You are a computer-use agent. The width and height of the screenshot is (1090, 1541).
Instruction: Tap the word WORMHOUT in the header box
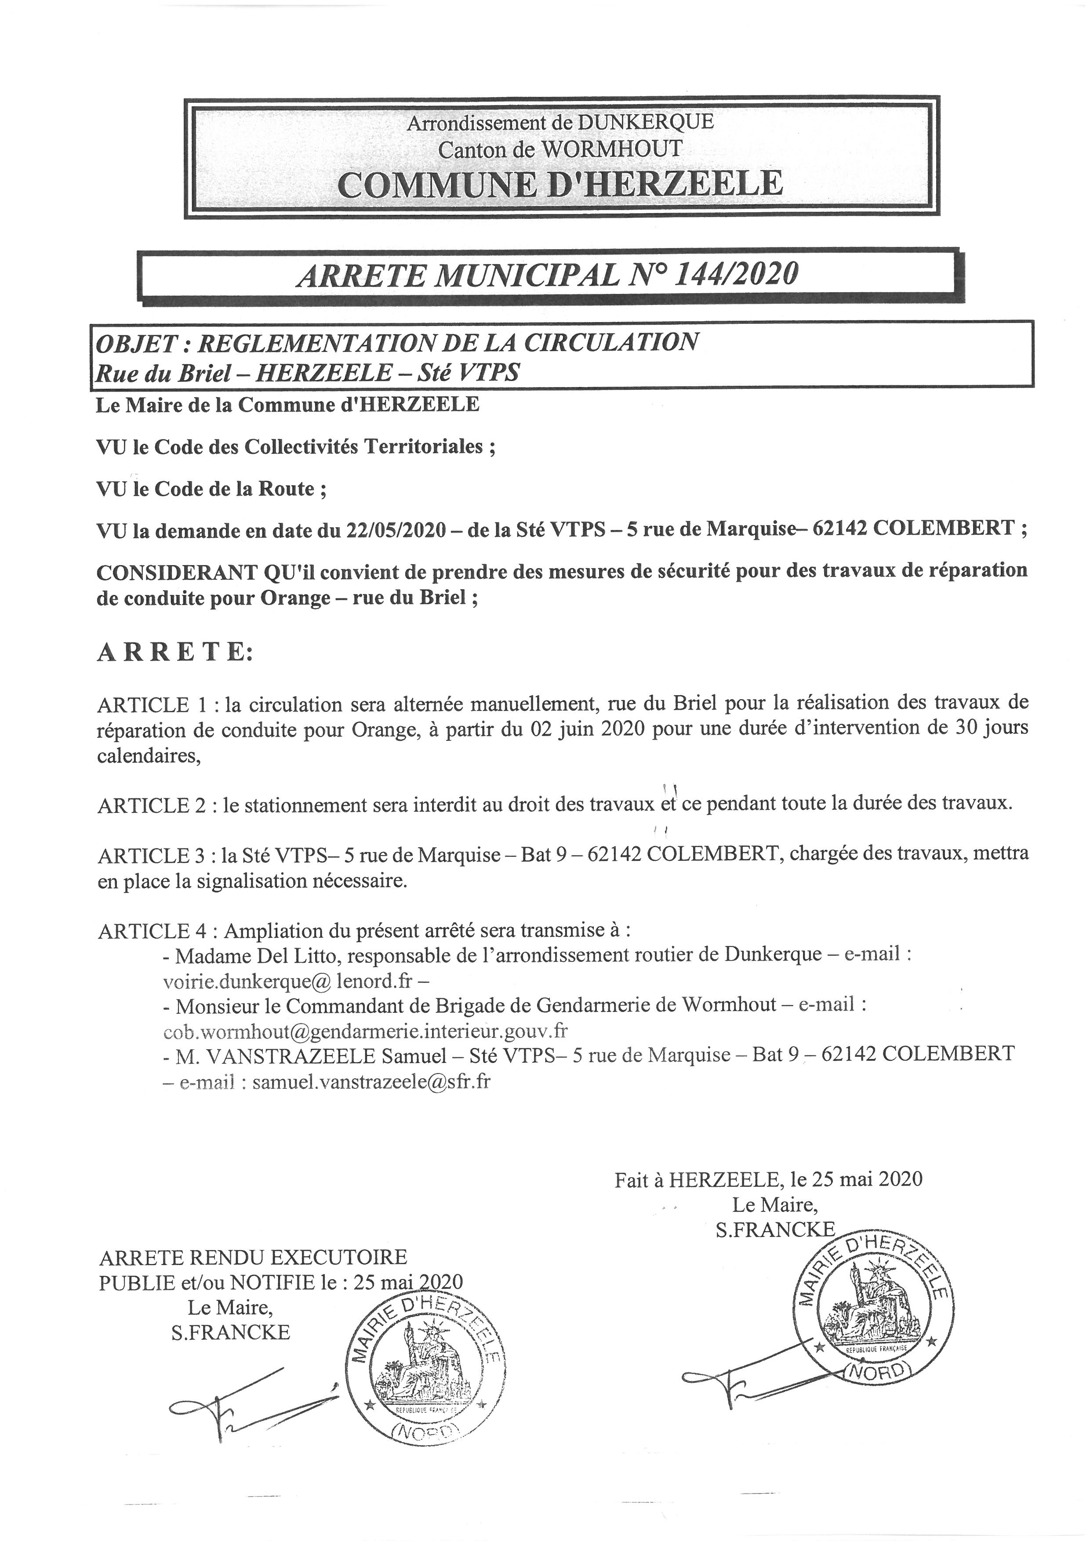(x=611, y=149)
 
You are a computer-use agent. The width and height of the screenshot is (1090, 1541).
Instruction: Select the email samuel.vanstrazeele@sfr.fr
(x=371, y=1082)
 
